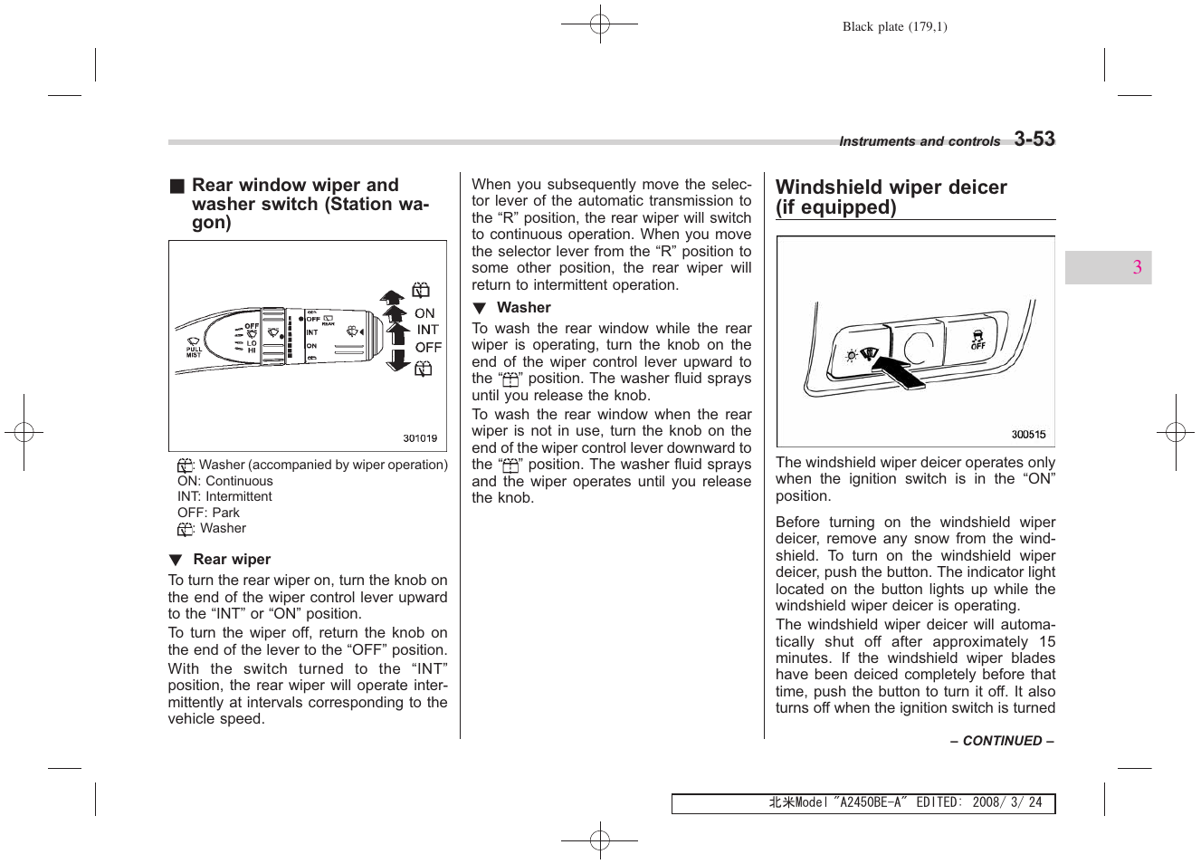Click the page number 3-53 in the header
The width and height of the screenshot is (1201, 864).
tap(1034, 139)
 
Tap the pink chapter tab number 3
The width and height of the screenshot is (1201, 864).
tap(1137, 267)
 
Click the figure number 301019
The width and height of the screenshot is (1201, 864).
tap(420, 438)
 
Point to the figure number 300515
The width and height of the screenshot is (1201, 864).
tap(1028, 435)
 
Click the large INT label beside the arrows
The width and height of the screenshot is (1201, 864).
tap(427, 330)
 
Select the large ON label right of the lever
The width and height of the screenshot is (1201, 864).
tap(424, 313)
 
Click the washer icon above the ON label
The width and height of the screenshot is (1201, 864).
tap(421, 291)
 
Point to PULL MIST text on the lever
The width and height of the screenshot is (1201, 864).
tap(194, 351)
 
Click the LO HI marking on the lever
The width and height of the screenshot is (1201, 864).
tap(251, 346)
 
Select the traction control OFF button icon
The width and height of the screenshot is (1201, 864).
tap(977, 341)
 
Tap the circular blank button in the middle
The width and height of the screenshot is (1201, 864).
tap(918, 347)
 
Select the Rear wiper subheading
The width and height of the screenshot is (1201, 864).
tap(232, 560)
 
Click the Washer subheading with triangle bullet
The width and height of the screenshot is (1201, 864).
tap(523, 308)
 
